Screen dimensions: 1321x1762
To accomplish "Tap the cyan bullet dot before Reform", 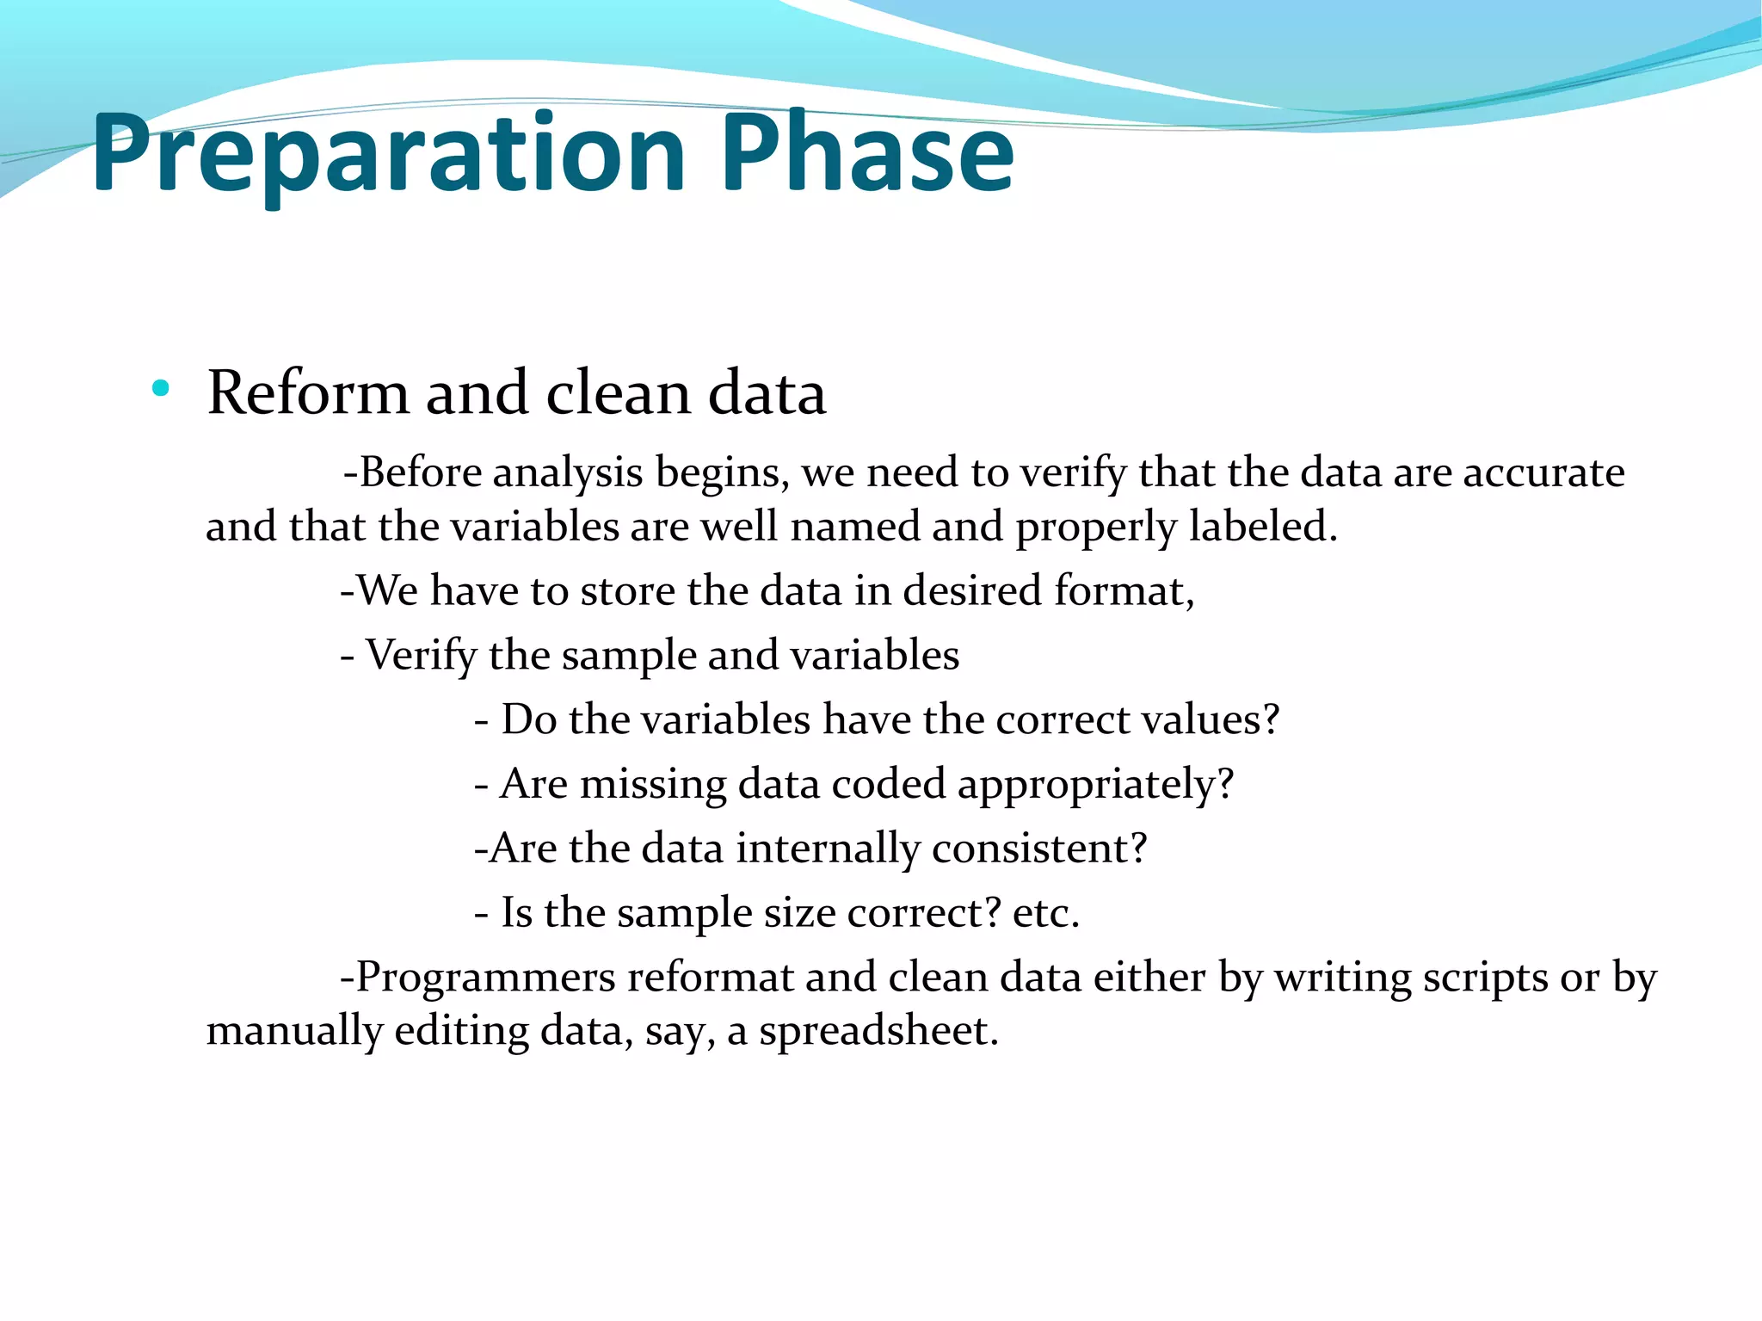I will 160,388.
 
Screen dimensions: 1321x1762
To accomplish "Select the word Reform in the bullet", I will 308,393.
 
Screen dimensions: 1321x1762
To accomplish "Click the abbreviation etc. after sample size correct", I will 1044,913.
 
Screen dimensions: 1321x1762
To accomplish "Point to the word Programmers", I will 486,978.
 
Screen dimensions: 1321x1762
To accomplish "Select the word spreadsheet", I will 877,1031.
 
